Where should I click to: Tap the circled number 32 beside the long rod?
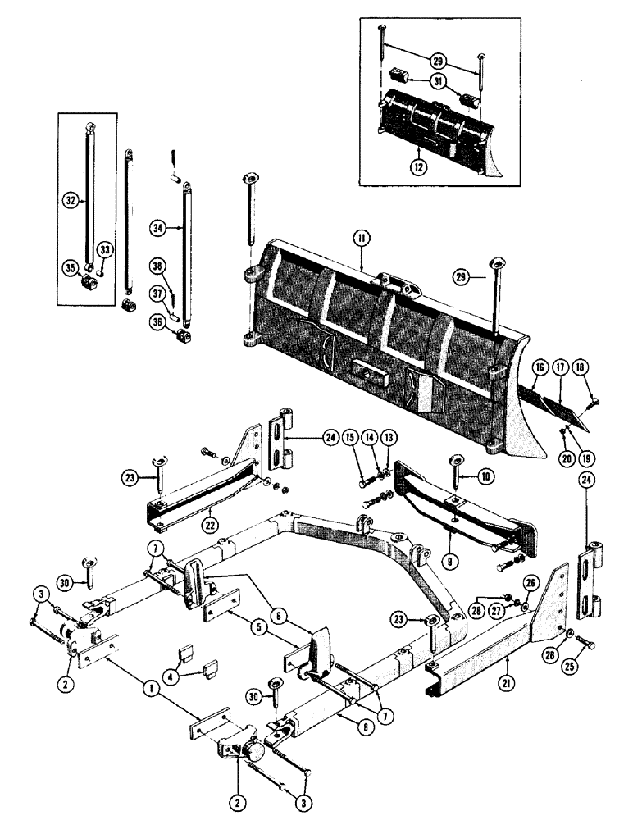(71, 198)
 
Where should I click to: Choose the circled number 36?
(157, 321)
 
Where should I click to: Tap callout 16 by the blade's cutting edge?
(538, 371)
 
